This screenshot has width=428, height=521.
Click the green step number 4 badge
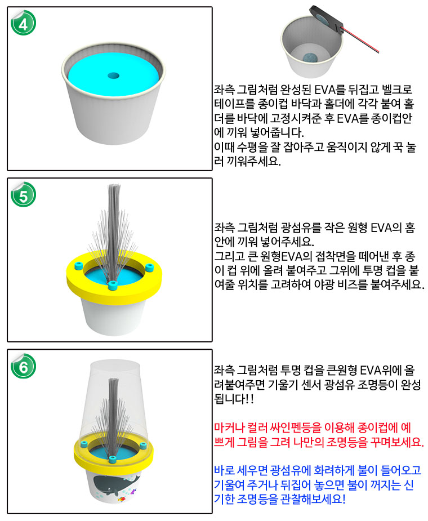click(23, 23)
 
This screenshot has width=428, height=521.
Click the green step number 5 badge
click(23, 195)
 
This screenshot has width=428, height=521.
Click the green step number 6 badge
click(23, 367)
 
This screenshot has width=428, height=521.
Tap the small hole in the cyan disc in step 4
click(114, 76)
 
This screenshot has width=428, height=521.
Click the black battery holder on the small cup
click(326, 19)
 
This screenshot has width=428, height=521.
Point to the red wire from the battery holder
click(360, 40)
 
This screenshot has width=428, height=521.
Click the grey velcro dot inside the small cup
click(310, 57)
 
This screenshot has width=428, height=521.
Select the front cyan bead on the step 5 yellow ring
click(113, 285)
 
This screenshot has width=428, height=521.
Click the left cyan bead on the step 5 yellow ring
click(79, 265)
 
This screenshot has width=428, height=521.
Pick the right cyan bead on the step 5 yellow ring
click(150, 267)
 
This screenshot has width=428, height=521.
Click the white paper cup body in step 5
click(114, 317)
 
